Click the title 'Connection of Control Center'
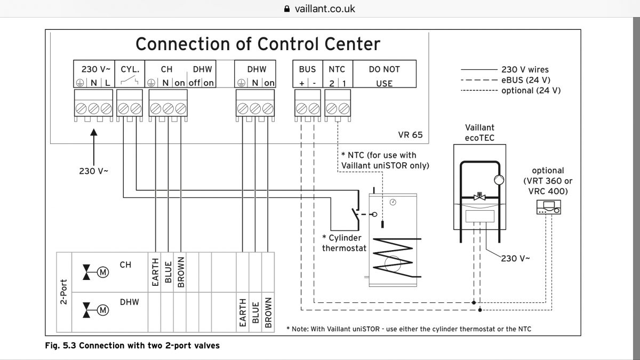tap(258, 44)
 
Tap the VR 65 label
tap(410, 134)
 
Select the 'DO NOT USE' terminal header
tap(384, 76)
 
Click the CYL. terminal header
tap(130, 69)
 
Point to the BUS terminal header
tap(307, 69)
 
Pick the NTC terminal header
tap(337, 69)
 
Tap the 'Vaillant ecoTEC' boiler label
tap(479, 132)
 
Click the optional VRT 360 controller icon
tap(549, 208)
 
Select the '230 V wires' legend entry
tap(524, 69)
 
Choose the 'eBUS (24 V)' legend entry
tap(526, 80)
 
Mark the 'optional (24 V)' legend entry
tap(531, 91)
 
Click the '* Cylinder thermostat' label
tap(343, 243)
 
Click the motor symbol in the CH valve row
tap(102, 273)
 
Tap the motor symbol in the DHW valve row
tap(102, 310)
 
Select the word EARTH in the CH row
tap(155, 272)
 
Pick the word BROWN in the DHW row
tap(268, 312)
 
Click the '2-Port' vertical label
tap(63, 291)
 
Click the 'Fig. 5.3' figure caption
tap(133, 346)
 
